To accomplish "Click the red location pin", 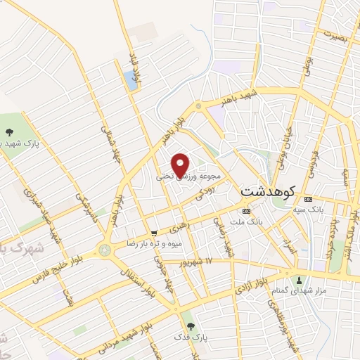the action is click(x=181, y=165).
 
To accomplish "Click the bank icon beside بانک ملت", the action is click(x=245, y=210).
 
